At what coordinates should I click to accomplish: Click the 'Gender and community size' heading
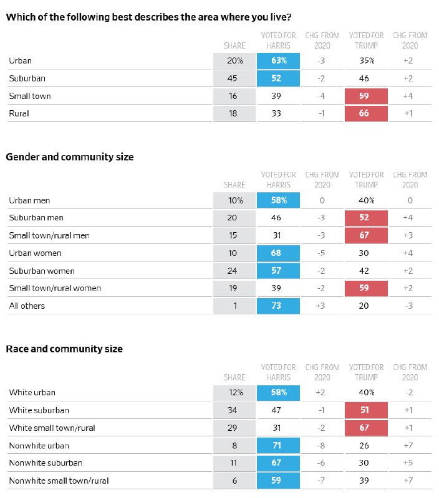(x=70, y=157)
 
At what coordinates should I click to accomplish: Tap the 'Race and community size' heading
(x=64, y=349)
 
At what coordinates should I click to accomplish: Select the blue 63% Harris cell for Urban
(x=278, y=61)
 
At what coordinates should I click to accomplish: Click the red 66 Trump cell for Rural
(x=366, y=113)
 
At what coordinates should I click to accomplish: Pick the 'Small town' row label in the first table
(x=30, y=96)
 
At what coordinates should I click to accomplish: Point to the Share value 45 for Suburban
(x=232, y=78)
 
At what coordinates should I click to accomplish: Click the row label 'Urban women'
(x=36, y=253)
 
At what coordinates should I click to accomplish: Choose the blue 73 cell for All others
(x=278, y=306)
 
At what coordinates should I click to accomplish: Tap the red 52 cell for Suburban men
(x=366, y=218)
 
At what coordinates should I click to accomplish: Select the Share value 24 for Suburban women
(x=232, y=271)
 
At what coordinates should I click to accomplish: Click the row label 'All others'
(x=27, y=306)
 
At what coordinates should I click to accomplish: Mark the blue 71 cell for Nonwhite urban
(x=278, y=446)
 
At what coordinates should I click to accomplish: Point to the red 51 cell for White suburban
(x=366, y=410)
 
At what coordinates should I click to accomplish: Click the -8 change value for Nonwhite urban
(x=321, y=446)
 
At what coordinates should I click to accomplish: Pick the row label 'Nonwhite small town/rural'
(x=59, y=481)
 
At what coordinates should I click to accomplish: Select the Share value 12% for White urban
(x=236, y=393)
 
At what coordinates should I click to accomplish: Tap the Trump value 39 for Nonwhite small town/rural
(x=364, y=481)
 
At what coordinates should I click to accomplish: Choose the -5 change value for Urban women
(x=321, y=253)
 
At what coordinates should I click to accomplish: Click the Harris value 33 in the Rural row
(x=276, y=113)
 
